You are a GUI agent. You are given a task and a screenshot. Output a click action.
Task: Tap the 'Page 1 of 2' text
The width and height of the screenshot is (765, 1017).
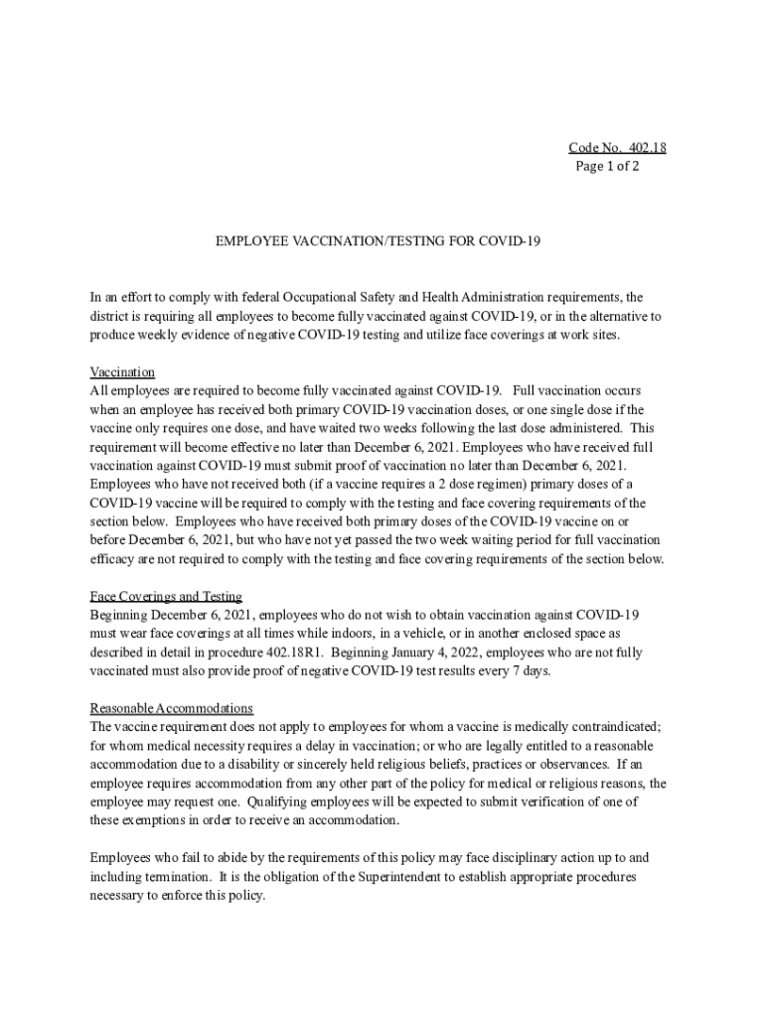point(607,166)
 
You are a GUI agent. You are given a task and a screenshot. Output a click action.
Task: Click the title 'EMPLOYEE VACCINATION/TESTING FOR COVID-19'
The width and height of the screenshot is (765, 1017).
point(379,240)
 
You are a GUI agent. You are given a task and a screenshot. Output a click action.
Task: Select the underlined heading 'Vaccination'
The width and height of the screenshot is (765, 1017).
point(122,371)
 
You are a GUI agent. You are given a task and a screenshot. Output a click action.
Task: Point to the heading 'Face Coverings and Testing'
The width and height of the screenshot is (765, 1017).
point(166,596)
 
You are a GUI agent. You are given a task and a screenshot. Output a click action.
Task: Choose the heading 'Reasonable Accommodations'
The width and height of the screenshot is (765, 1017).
point(172,708)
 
